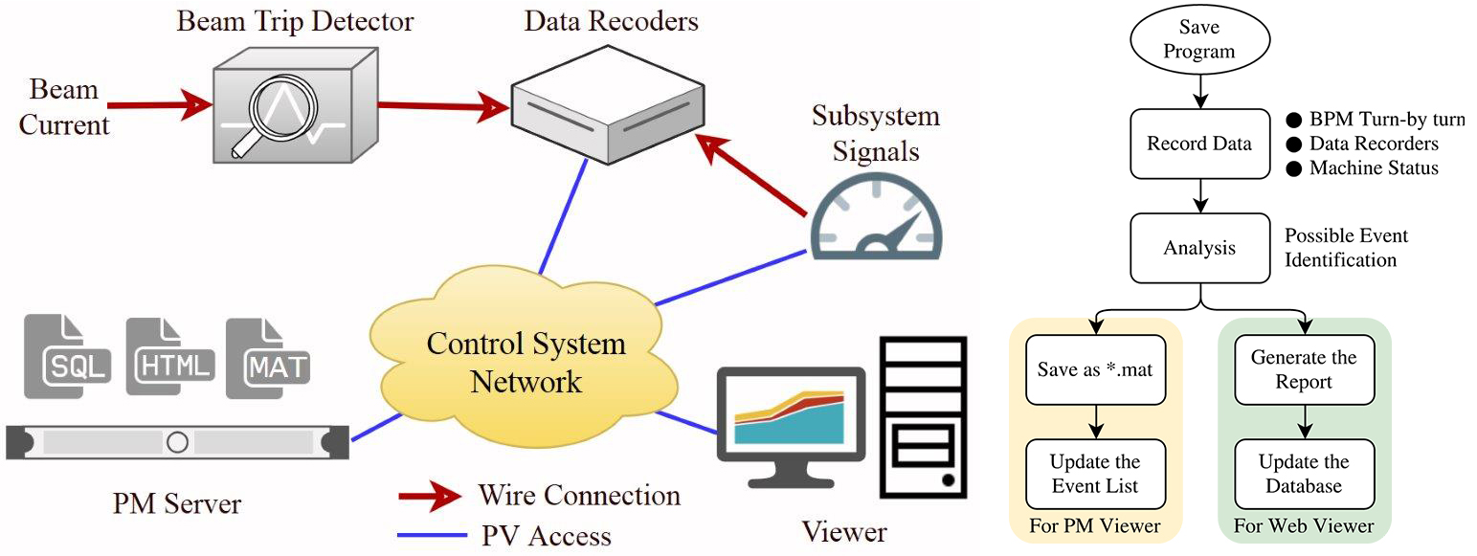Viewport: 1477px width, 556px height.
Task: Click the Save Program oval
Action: (x=1199, y=40)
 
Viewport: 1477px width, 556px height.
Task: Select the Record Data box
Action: (x=1199, y=145)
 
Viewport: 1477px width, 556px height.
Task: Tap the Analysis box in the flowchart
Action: (x=1199, y=249)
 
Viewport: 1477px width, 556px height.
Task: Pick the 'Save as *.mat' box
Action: (x=1095, y=368)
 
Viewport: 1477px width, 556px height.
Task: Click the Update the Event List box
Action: (x=1095, y=474)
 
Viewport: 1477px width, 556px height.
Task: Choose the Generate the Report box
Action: (x=1303, y=368)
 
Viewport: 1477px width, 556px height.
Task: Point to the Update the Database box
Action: (x=1303, y=474)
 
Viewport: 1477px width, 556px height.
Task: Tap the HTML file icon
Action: (x=169, y=357)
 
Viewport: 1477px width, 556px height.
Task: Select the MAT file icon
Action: (x=269, y=357)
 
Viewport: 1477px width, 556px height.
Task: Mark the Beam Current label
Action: (x=65, y=107)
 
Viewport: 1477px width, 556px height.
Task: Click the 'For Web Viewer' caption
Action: (x=1303, y=526)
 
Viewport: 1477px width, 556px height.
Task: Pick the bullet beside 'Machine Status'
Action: (x=1294, y=169)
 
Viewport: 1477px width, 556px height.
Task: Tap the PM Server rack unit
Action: (x=177, y=442)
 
